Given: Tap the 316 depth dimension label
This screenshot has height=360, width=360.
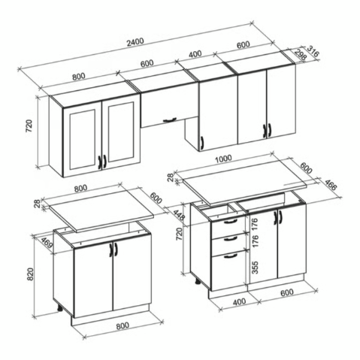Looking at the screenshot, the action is tap(313, 50).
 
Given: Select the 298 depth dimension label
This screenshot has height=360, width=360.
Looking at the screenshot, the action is tap(301, 55).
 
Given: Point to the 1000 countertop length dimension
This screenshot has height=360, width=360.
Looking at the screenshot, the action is tap(223, 159).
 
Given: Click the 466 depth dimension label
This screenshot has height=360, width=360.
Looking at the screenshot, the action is tap(331, 184).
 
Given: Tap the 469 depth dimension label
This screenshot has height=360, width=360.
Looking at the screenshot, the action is tap(47, 242).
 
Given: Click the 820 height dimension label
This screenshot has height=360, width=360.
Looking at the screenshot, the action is tap(30, 274).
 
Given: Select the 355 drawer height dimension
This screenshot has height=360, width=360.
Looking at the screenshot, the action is tap(255, 267).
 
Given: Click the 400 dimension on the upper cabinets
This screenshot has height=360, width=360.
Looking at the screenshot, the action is tap(195, 54).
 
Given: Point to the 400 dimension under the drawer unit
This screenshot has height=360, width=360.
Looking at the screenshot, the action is tap(239, 301).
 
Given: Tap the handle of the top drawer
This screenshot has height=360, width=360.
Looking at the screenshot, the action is tap(230, 222).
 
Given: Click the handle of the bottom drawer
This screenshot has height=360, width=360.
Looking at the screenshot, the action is tap(230, 256).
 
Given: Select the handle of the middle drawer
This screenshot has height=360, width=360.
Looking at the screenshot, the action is tap(231, 239).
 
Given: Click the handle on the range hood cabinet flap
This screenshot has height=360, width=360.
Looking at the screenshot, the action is tap(170, 119).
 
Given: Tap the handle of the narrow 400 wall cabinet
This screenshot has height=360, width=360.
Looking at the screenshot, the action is tap(201, 143).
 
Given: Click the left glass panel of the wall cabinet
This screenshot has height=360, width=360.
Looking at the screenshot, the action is tap(83, 138).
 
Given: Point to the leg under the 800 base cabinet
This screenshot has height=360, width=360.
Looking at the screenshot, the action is tap(60, 308).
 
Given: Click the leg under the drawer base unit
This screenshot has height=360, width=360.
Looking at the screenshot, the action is tap(198, 281).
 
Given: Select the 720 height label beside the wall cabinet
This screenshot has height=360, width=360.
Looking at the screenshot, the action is tap(29, 126).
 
